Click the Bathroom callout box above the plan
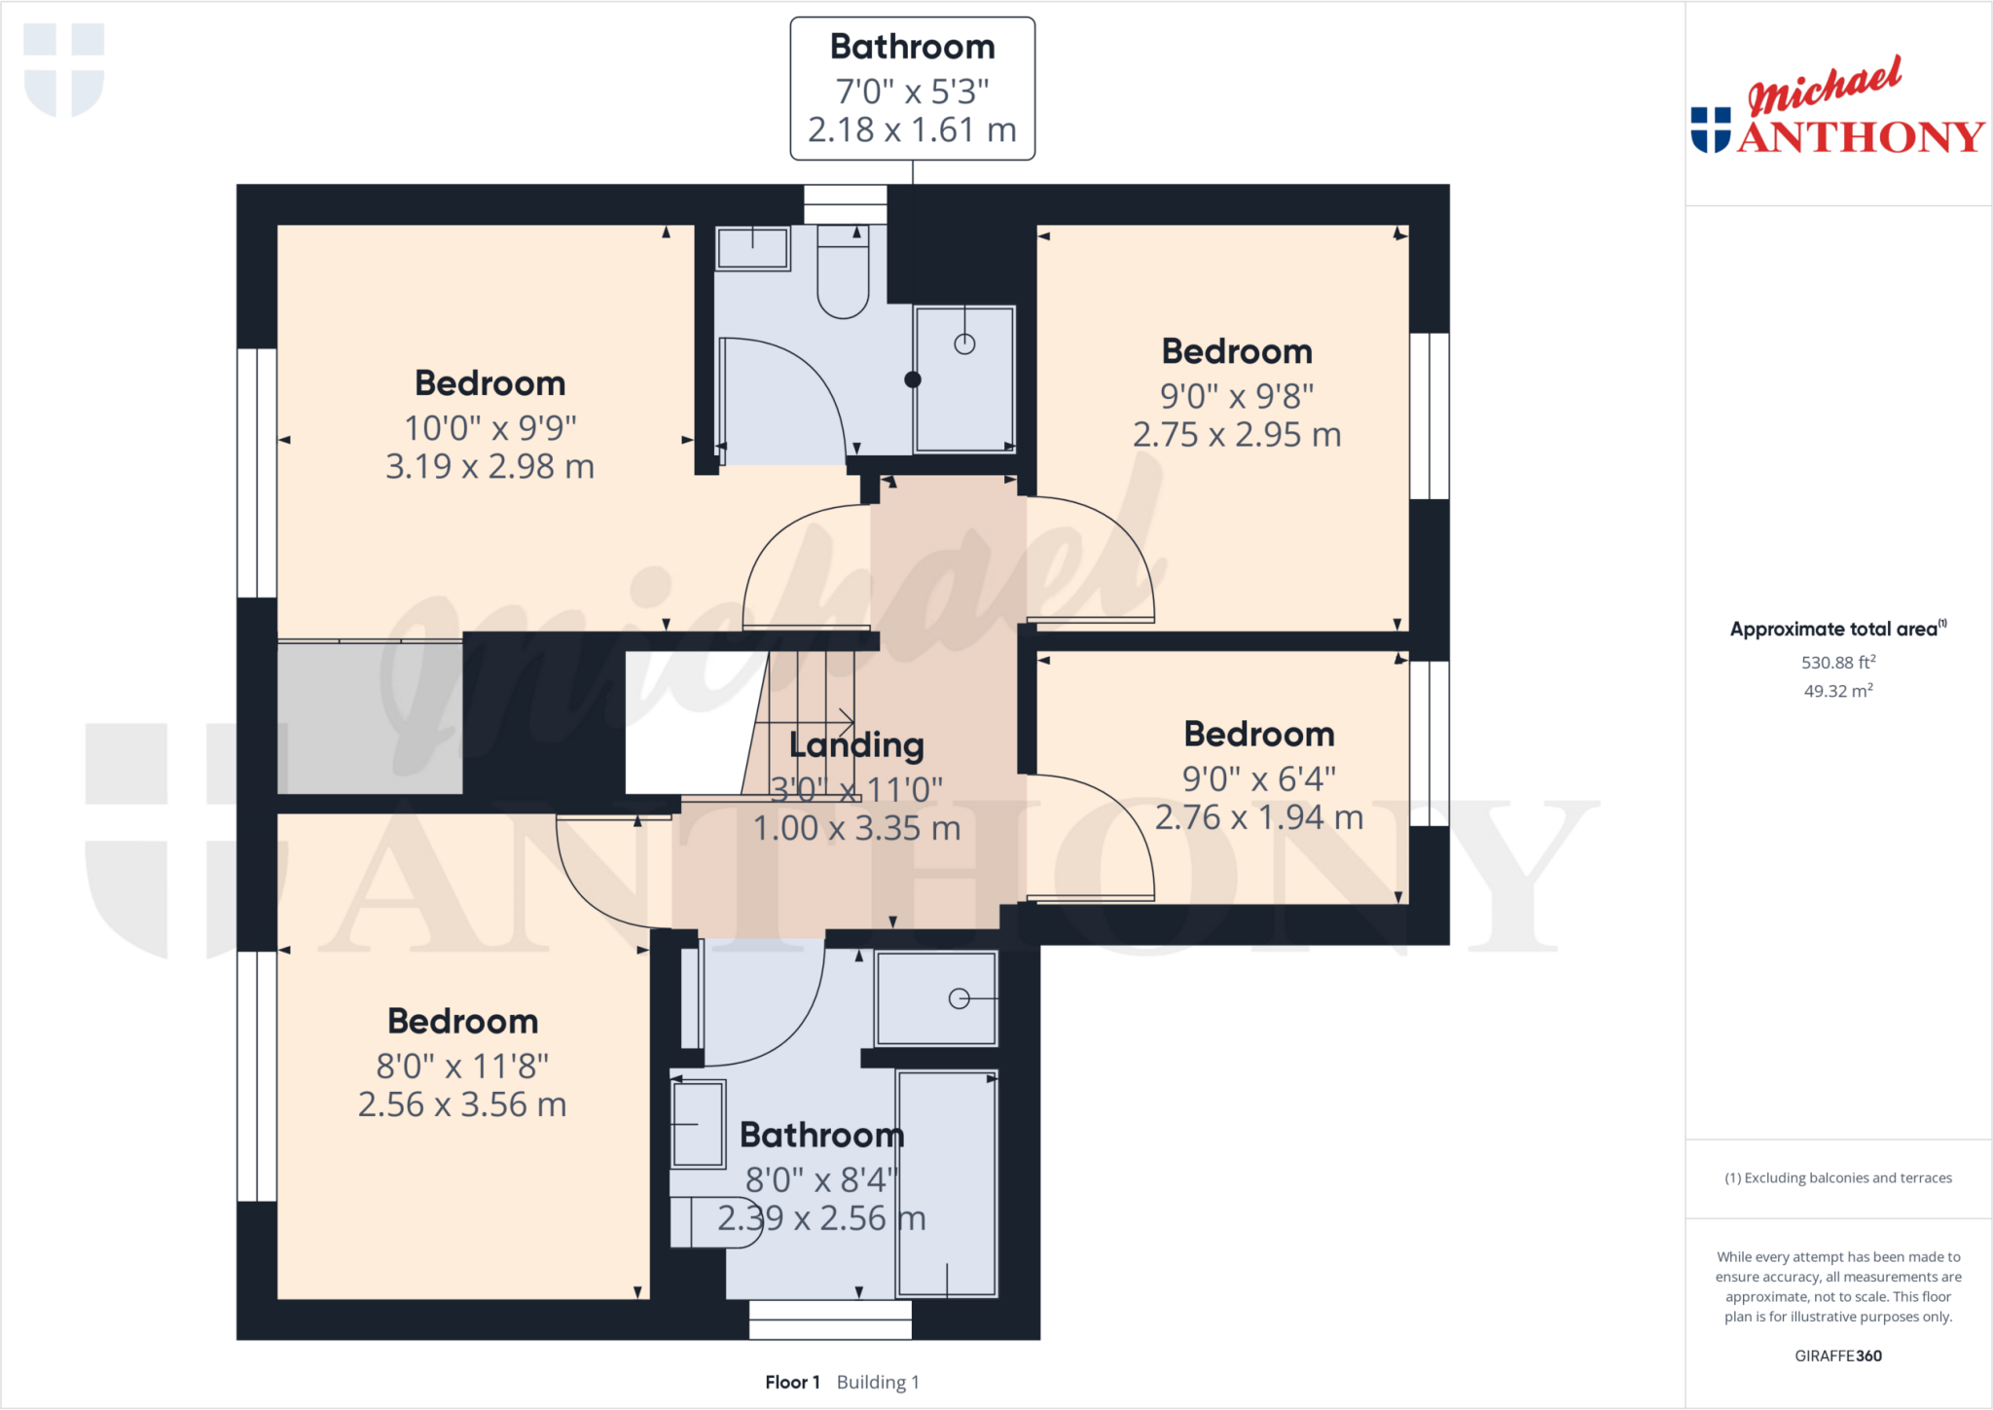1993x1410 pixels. tap(912, 89)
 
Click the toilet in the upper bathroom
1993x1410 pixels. tap(843, 273)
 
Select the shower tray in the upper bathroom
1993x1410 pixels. tap(964, 379)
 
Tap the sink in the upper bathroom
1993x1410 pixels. tap(752, 248)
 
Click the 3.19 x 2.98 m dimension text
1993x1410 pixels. tap(489, 467)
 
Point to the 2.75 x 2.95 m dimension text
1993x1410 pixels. tap(1236, 435)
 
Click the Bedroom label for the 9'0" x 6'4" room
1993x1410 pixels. tap(1258, 734)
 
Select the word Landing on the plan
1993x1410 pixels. tap(856, 745)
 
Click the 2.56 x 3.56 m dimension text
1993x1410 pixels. tap(462, 1105)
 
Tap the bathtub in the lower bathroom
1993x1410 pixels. tap(947, 1182)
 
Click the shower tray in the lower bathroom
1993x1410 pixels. tap(936, 998)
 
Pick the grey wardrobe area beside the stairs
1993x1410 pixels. tap(370, 718)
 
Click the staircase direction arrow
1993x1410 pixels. tap(845, 722)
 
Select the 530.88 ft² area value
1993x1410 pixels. tap(1837, 663)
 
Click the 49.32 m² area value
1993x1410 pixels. tap(1837, 691)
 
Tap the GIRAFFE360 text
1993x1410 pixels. tap(1837, 1356)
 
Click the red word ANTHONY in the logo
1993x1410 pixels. tap(1861, 137)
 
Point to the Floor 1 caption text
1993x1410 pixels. tap(792, 1382)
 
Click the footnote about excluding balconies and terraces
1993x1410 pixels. tap(1837, 1177)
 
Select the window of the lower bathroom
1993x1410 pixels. tap(830, 1320)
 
